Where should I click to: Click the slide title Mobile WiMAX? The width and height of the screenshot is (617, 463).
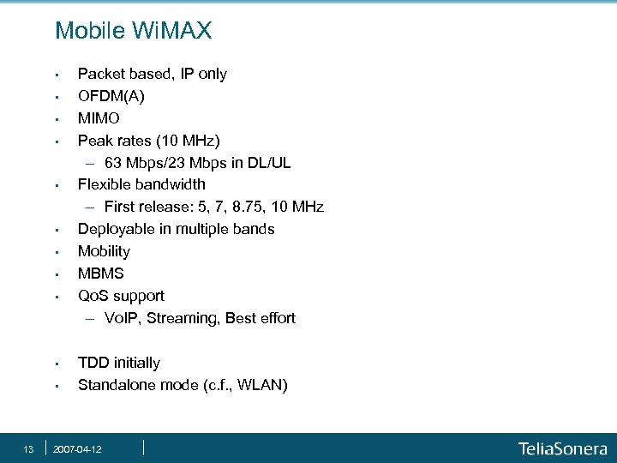point(133,32)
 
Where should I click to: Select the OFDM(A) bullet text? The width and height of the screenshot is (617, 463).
point(111,96)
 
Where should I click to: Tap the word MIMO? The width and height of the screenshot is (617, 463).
point(99,117)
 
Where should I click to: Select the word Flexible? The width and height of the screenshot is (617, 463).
point(105,184)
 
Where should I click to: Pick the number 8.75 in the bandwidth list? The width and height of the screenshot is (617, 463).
point(247,207)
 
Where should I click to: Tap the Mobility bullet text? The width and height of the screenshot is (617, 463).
point(104,251)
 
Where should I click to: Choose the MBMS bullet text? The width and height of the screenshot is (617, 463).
point(100,274)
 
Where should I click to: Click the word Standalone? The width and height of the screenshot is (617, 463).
point(114,385)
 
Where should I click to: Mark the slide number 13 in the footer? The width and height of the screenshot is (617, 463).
point(28,448)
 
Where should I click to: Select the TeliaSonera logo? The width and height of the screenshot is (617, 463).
point(562,448)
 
